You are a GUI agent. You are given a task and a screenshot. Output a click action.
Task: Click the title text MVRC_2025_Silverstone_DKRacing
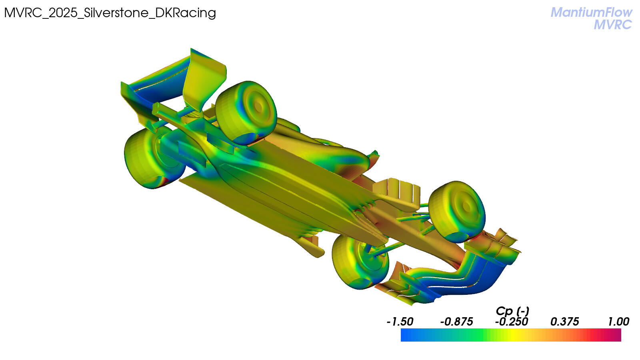click(110, 13)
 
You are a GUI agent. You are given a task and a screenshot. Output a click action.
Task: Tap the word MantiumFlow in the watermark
click(591, 12)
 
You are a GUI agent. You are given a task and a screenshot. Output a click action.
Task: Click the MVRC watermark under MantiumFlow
click(613, 25)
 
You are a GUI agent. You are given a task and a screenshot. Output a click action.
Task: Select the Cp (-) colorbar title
click(512, 310)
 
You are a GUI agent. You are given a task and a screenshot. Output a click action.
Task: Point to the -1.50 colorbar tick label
click(400, 322)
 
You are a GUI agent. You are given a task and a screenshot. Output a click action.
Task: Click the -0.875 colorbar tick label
click(456, 322)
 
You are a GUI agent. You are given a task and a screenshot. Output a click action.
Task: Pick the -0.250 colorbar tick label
click(512, 322)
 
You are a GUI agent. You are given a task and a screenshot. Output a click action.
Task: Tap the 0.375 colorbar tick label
click(564, 322)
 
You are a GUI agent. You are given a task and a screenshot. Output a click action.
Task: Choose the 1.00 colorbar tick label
click(618, 322)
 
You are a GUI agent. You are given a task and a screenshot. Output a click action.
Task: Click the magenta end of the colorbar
click(617, 335)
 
